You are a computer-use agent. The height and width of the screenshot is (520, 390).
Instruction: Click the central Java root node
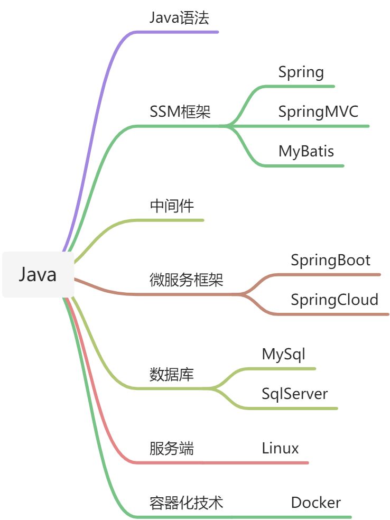(x=38, y=275)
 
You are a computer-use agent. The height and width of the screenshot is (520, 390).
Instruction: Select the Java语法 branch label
(x=179, y=18)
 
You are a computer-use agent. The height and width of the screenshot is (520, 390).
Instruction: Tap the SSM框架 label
(x=180, y=112)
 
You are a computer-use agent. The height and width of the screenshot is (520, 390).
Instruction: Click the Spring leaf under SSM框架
(x=301, y=72)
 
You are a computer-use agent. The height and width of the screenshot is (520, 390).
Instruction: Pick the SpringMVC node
(x=318, y=112)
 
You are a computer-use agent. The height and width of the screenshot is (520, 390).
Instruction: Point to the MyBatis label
(x=306, y=151)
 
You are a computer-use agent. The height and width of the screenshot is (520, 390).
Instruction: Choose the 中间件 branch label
(x=172, y=206)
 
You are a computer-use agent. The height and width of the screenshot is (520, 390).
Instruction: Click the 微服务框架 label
(x=187, y=280)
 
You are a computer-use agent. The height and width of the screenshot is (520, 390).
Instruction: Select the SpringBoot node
(x=331, y=261)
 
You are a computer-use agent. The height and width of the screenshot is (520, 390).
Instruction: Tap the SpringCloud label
(x=335, y=300)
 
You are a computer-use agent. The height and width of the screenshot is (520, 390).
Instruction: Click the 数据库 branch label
(x=171, y=375)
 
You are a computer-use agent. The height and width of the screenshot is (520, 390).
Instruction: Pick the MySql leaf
(x=284, y=355)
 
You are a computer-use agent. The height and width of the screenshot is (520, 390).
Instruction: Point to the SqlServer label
(x=294, y=394)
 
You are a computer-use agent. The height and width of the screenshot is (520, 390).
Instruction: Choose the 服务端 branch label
(x=171, y=448)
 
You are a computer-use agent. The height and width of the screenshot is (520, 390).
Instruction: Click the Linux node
(x=280, y=448)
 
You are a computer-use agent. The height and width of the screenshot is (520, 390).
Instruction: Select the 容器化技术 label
(x=187, y=503)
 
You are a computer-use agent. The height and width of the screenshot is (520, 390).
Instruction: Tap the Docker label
(x=315, y=503)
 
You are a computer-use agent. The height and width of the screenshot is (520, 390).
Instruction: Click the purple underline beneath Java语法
(x=177, y=32)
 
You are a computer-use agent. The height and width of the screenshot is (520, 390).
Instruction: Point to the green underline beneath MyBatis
(x=304, y=166)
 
